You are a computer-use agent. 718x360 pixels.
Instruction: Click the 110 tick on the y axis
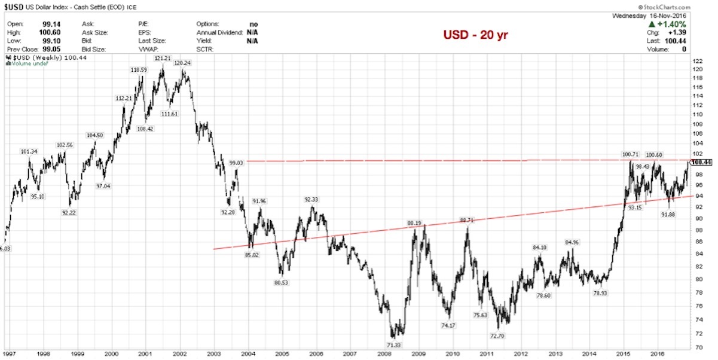pyautogui.click(x=696, y=114)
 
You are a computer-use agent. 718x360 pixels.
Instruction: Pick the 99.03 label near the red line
pyautogui.click(x=237, y=162)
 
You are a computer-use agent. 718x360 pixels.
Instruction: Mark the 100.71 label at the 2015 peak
pyautogui.click(x=631, y=155)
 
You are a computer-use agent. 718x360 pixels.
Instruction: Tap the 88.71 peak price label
pyautogui.click(x=467, y=220)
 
